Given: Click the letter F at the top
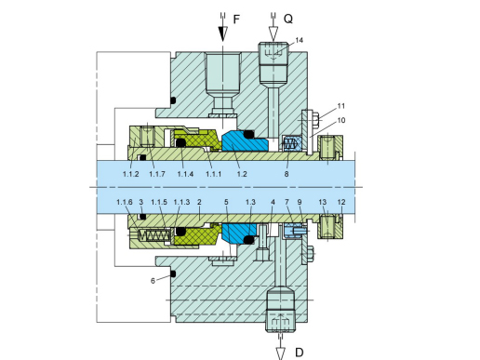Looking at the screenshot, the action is [236, 20].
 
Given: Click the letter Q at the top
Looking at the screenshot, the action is [288, 20].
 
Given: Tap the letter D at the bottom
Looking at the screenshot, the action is [300, 353].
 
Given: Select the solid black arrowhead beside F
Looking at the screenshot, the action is [222, 33].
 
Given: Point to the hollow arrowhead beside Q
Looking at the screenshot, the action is [273, 33].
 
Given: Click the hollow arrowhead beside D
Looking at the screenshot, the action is [281, 353].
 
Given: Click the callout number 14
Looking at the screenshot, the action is [299, 40].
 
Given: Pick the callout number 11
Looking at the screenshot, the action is [341, 106].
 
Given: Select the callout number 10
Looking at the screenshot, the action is [341, 120].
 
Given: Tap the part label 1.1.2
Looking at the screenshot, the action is [130, 174].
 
